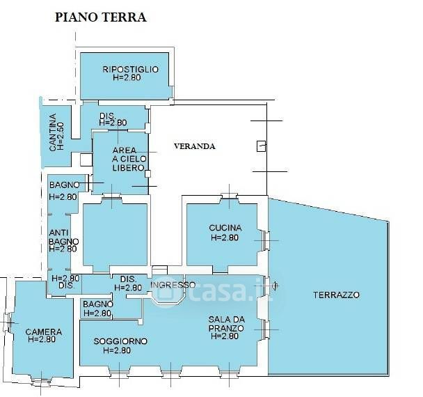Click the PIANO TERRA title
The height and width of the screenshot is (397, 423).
100,17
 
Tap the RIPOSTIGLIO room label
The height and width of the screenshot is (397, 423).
130,69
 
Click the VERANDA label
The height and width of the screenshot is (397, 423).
195,146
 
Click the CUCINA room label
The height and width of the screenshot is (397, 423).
225,228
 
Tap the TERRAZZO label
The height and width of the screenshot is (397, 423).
335,295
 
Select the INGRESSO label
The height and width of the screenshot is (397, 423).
173,285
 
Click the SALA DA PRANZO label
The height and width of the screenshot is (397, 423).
222,327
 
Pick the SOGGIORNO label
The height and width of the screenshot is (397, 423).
122,341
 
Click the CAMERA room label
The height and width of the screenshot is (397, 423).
43,332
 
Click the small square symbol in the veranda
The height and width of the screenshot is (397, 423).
261,146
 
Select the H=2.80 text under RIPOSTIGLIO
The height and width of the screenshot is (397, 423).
130,78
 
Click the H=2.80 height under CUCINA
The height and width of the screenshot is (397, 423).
225,237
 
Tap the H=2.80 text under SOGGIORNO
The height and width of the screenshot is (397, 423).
117,350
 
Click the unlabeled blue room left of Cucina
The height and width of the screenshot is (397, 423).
115,237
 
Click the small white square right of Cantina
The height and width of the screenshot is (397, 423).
86,159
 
